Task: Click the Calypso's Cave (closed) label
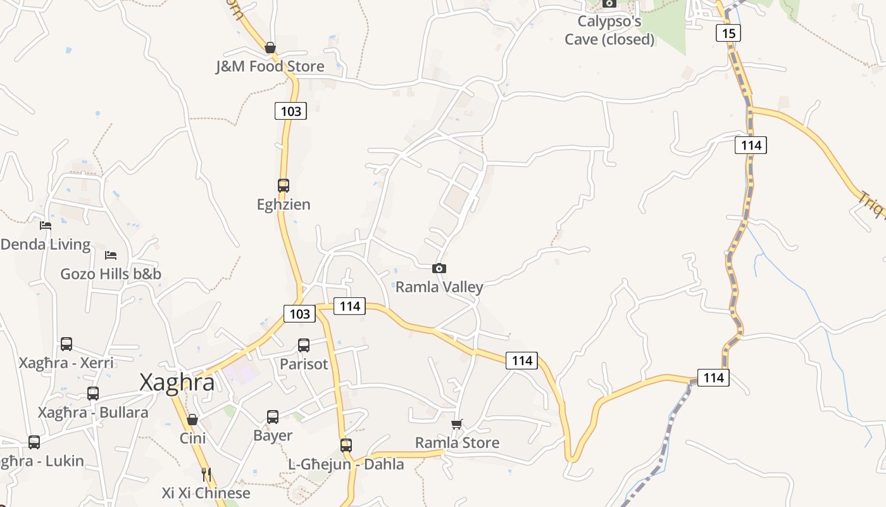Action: coord(609,30)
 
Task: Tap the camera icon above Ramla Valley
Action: coord(439,269)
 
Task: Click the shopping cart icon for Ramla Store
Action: coord(457,424)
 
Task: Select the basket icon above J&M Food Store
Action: coord(270,48)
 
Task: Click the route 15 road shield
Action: coord(728,33)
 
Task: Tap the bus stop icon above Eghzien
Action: coord(284,186)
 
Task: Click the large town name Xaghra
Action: coord(177,383)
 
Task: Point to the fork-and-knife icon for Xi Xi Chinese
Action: coord(206,474)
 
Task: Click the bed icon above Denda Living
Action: coord(46,225)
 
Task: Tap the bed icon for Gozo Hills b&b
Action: coord(111,255)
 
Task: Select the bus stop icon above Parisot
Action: coord(304,345)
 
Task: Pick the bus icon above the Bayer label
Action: coord(273,417)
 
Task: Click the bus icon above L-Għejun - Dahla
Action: coord(346,445)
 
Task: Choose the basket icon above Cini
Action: coord(192,420)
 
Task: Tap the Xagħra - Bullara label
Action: coord(93,413)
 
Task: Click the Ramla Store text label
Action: coord(457,443)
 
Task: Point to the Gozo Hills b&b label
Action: coord(111,274)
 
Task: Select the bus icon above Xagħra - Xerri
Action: coord(66,344)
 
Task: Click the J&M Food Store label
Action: coord(270,67)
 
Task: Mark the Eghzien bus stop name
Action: coord(284,205)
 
